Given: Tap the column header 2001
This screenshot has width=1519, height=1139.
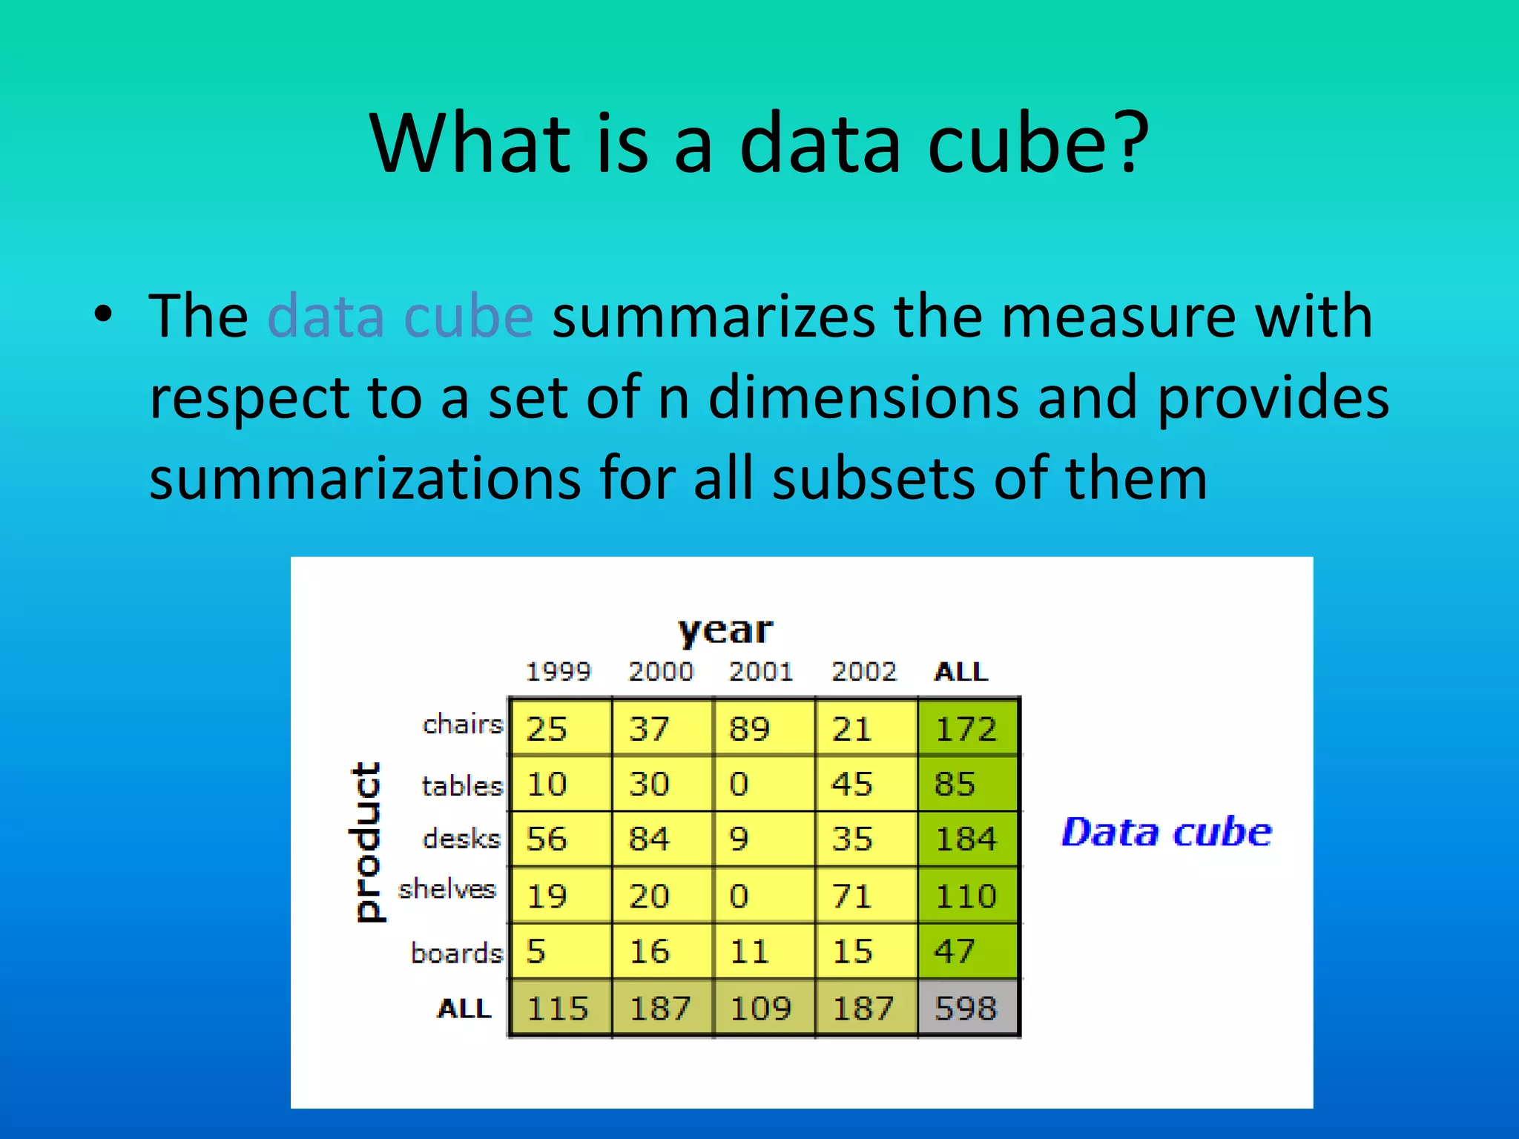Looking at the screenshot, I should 761,672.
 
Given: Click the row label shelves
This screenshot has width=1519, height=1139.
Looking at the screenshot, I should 447,888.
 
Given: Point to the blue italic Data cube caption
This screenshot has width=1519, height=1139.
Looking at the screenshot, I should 1167,831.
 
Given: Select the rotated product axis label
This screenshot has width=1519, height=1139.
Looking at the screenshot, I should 366,842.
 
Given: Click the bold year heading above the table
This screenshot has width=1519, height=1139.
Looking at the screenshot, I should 725,630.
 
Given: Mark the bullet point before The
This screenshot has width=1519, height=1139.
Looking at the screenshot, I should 104,314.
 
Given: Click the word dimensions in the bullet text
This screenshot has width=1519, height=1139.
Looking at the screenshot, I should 863,397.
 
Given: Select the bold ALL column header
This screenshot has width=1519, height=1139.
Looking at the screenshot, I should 961,672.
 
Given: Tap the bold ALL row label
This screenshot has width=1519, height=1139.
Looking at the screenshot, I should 464,1008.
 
